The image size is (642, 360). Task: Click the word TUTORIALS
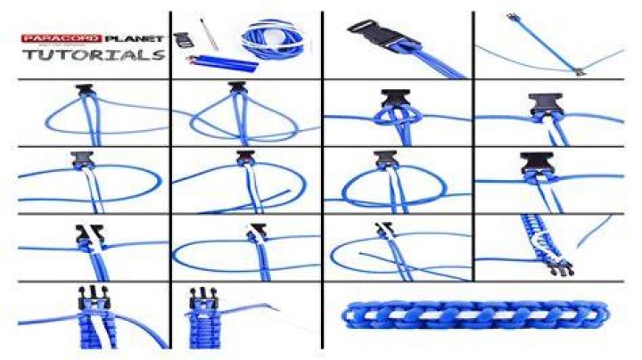click(x=94, y=54)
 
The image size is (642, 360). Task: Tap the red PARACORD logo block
click(x=62, y=39)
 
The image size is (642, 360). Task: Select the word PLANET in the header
click(x=134, y=39)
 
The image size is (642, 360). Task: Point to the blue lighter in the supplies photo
click(x=222, y=63)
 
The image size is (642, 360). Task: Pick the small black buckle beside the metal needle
click(x=182, y=40)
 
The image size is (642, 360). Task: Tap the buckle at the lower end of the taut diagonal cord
click(x=579, y=72)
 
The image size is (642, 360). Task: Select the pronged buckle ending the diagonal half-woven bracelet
click(x=561, y=267)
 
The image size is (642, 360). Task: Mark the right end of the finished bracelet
click(x=605, y=315)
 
